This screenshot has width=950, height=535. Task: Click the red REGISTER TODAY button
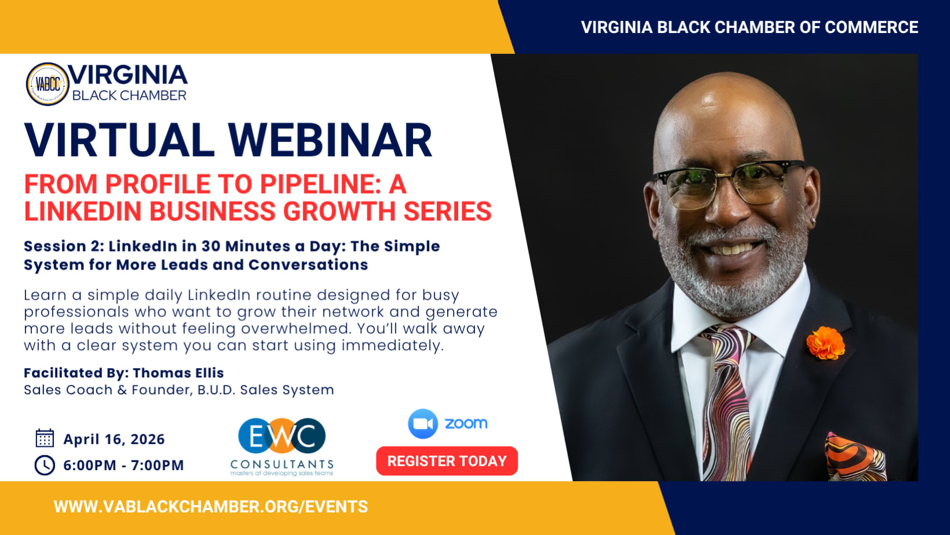point(447,461)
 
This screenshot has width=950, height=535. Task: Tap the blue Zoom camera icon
point(423,424)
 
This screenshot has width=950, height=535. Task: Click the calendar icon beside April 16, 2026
point(45,438)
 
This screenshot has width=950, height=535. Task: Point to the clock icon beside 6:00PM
point(45,465)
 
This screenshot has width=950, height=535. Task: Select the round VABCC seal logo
point(47,84)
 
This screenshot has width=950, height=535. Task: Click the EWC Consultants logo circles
point(282,436)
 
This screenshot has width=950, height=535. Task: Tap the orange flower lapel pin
point(825,343)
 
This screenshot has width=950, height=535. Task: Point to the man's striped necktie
point(726,403)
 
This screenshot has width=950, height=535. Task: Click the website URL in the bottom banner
point(211,507)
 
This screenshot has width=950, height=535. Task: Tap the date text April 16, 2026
point(114,439)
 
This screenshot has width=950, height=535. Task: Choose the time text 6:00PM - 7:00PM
point(124,465)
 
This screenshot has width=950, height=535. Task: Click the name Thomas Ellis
point(178,373)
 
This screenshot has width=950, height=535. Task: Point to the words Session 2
point(64,246)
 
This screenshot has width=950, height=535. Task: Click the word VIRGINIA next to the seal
point(128,75)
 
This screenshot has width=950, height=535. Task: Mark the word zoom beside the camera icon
point(466,424)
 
